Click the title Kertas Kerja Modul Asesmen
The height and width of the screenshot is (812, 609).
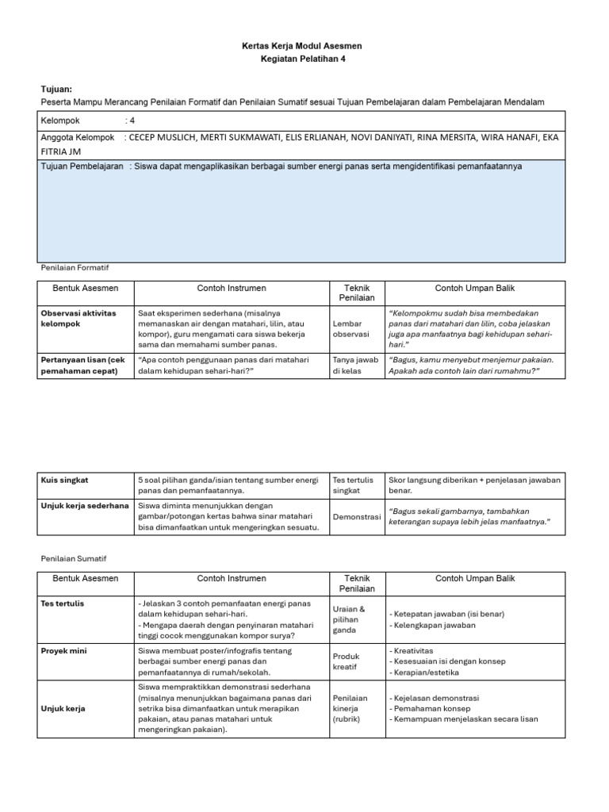301,46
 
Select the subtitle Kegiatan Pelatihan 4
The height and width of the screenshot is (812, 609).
301,59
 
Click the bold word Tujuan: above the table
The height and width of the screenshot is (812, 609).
56,90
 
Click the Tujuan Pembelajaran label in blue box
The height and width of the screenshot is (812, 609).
82,167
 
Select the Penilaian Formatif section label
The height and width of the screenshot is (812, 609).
74,269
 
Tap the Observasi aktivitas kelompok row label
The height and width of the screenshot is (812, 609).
79,318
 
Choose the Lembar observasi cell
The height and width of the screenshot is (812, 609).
351,329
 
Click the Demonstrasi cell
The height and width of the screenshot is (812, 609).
357,517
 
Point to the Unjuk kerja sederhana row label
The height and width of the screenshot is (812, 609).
85,505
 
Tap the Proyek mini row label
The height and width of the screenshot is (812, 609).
63,650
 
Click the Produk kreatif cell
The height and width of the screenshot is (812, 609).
347,661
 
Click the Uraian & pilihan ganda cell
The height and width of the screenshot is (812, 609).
350,619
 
